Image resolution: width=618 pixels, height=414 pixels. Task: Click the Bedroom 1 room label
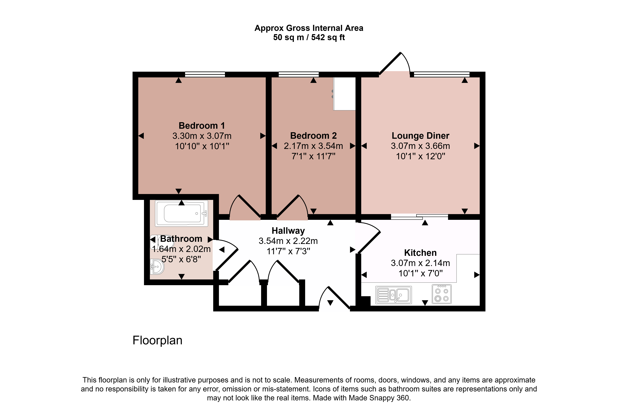pyautogui.click(x=202, y=126)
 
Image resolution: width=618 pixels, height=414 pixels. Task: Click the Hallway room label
pyautogui.click(x=288, y=231)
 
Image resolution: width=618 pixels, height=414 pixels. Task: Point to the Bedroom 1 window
pyautogui.click(x=205, y=74)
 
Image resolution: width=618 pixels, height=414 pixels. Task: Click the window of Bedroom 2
pyautogui.click(x=299, y=74)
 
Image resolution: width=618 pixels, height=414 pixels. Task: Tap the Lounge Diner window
pyautogui.click(x=442, y=74)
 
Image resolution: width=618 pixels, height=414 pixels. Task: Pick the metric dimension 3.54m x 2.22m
pyautogui.click(x=288, y=241)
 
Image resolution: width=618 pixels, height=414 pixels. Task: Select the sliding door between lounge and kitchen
pyautogui.click(x=419, y=217)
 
